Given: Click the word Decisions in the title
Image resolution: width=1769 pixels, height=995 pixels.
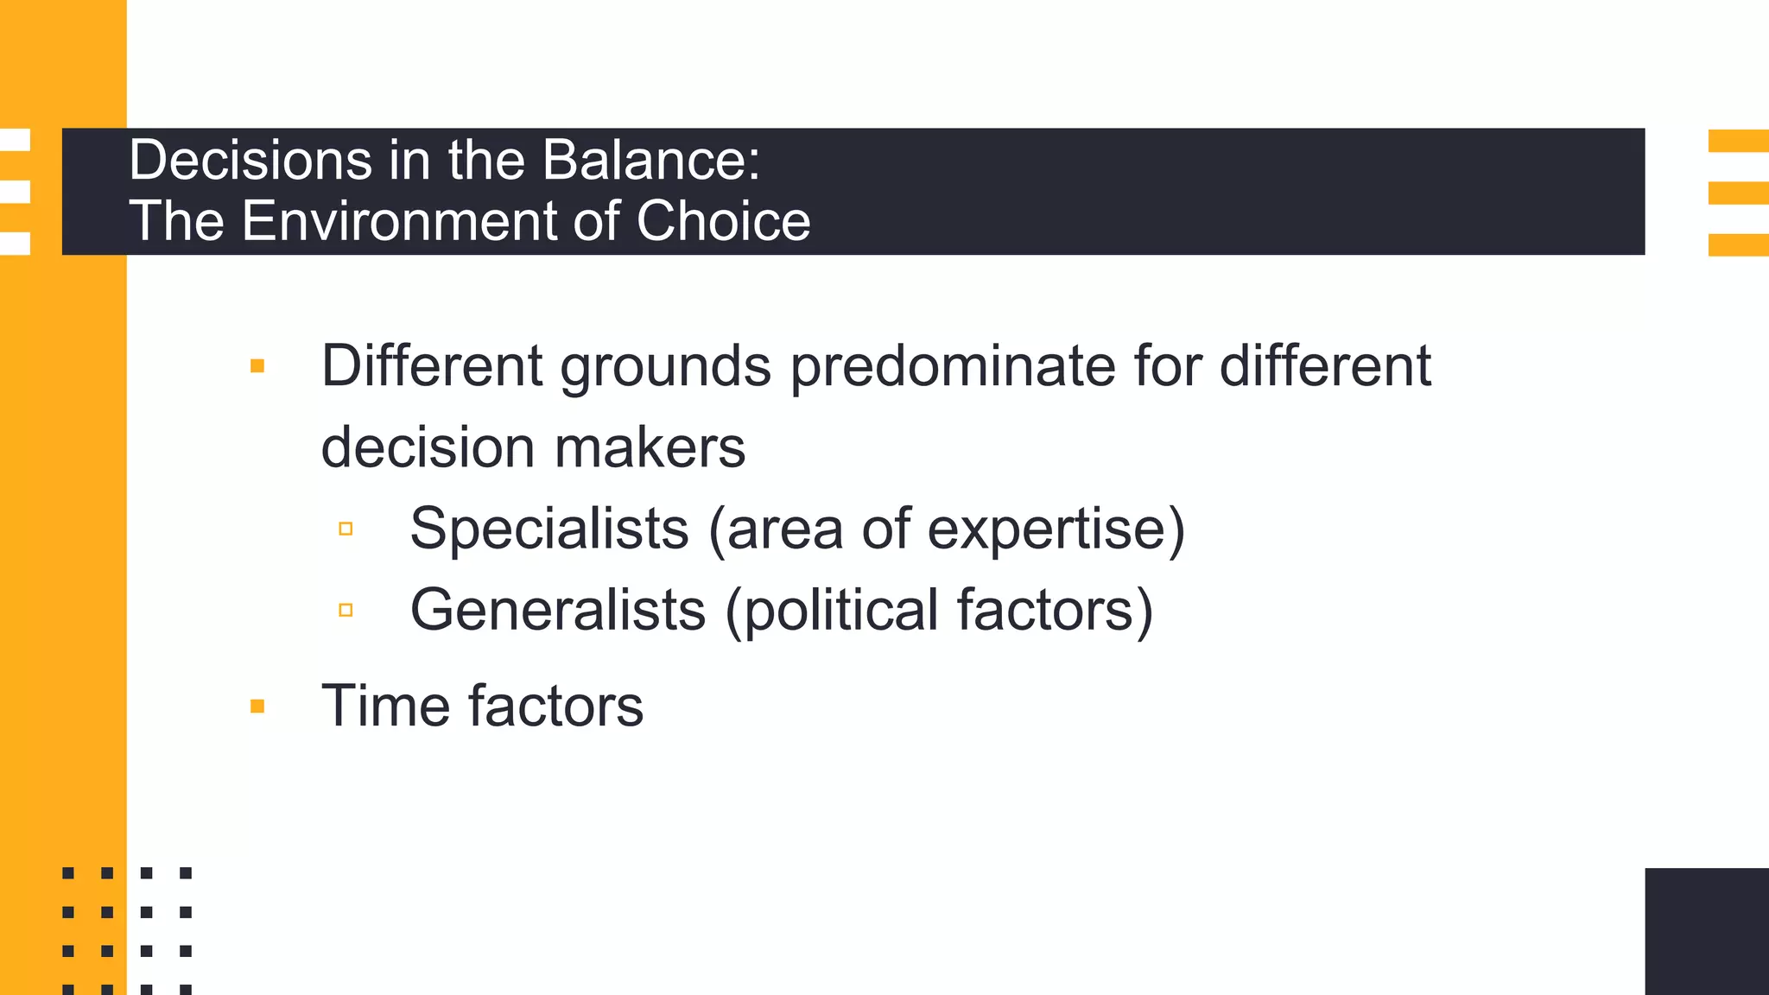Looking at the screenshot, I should pyautogui.click(x=249, y=161).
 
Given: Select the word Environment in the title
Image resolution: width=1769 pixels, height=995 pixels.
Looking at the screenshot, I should pyautogui.click(x=397, y=221).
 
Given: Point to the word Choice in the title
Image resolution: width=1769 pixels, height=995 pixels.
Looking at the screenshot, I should pyautogui.click(x=723, y=221).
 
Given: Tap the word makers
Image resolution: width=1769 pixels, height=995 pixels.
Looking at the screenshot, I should pyautogui.click(x=650, y=447).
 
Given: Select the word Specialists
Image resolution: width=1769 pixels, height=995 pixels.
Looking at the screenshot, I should pyautogui.click(x=549, y=528).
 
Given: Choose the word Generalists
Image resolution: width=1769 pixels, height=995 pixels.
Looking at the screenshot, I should pyautogui.click(x=558, y=610).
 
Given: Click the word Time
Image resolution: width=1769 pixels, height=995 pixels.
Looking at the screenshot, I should pyautogui.click(x=385, y=706).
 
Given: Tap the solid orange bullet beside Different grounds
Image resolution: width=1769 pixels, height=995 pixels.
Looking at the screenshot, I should pyautogui.click(x=257, y=366).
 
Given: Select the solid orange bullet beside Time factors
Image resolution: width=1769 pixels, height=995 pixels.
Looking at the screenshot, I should pyautogui.click(x=257, y=707).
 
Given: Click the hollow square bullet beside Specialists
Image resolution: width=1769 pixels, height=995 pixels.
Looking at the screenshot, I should pyautogui.click(x=346, y=529).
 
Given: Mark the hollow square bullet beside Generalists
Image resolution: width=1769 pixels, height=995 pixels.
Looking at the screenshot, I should pyautogui.click(x=346, y=610).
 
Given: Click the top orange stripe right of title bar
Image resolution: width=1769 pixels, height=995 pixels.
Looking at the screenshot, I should pyautogui.click(x=1738, y=141).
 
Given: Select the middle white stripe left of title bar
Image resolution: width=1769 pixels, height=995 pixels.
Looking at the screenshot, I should pyautogui.click(x=15, y=192).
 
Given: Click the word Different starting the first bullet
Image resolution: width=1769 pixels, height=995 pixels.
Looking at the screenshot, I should pyautogui.click(x=431, y=366).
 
